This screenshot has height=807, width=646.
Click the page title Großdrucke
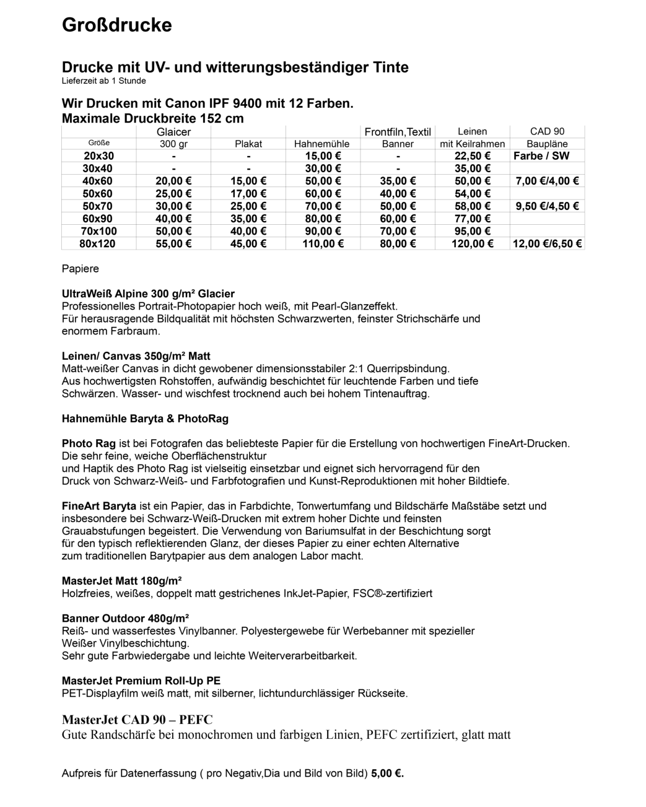tap(116, 25)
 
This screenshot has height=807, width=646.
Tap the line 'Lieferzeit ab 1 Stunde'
tap(103, 81)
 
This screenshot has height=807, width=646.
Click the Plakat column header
tap(248, 144)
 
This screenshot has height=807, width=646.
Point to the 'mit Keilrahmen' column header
tap(472, 144)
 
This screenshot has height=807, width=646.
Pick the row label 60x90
tap(99, 219)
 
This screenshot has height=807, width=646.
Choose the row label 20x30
tap(99, 156)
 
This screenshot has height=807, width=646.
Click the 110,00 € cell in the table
tap(322, 244)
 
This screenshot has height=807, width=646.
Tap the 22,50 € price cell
tap(472, 156)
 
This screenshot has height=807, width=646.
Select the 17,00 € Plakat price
tap(248, 194)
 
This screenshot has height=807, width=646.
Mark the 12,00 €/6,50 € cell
tap(547, 244)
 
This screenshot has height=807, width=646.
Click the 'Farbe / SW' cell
tap(541, 156)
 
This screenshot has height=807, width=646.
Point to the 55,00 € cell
tap(173, 244)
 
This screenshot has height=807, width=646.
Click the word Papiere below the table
tap(80, 269)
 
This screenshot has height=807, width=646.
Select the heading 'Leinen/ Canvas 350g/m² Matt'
tap(136, 356)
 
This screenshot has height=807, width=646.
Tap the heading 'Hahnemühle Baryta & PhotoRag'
tap(145, 419)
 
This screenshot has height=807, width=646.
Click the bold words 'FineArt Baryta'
tap(98, 506)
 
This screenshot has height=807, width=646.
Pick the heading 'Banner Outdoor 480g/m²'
tap(125, 618)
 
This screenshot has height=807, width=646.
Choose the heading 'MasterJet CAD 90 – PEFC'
tap(137, 720)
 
